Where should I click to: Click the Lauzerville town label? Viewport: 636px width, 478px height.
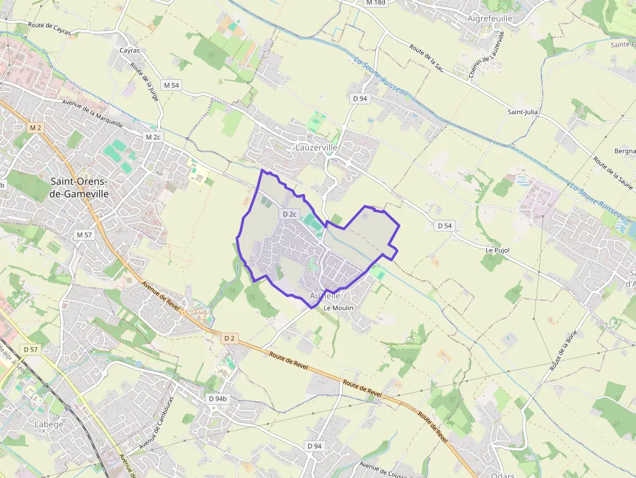click(316, 148)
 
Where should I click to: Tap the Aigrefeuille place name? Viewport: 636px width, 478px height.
click(490, 18)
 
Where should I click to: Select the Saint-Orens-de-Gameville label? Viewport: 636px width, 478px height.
click(79, 187)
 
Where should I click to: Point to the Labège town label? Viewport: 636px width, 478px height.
click(49, 424)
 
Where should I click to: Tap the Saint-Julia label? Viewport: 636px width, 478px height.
click(524, 112)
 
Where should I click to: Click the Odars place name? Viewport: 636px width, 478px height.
click(503, 475)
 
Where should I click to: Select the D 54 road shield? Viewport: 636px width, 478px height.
click(444, 226)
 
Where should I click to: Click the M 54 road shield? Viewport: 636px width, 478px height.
click(171, 85)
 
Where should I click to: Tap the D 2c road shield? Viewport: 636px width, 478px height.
click(289, 214)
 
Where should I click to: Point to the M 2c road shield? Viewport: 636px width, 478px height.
click(153, 137)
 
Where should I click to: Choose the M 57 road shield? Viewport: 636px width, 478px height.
click(84, 235)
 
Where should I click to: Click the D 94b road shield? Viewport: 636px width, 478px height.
click(217, 398)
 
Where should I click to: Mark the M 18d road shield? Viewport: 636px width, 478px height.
click(375, 3)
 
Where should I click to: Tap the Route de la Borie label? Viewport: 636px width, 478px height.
click(563, 350)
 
